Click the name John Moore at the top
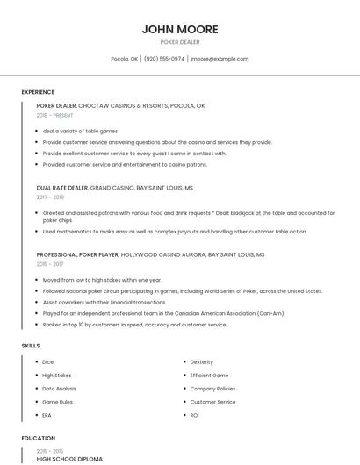click(180, 29)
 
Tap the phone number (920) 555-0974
click(164, 59)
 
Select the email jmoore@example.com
click(220, 59)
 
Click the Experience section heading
click(38, 92)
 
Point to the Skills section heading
click(31, 346)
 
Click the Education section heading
click(38, 438)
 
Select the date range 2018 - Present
click(55, 115)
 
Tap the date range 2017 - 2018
click(50, 197)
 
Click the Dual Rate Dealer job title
click(61, 188)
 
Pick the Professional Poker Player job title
click(76, 254)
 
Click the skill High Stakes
click(57, 375)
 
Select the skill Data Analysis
click(59, 388)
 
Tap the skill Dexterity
click(202, 361)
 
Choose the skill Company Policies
click(212, 388)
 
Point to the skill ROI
click(195, 415)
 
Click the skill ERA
click(47, 415)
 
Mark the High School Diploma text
click(69, 459)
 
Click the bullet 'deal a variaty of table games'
click(80, 131)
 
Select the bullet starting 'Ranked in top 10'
click(134, 325)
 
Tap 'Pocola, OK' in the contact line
click(124, 59)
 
